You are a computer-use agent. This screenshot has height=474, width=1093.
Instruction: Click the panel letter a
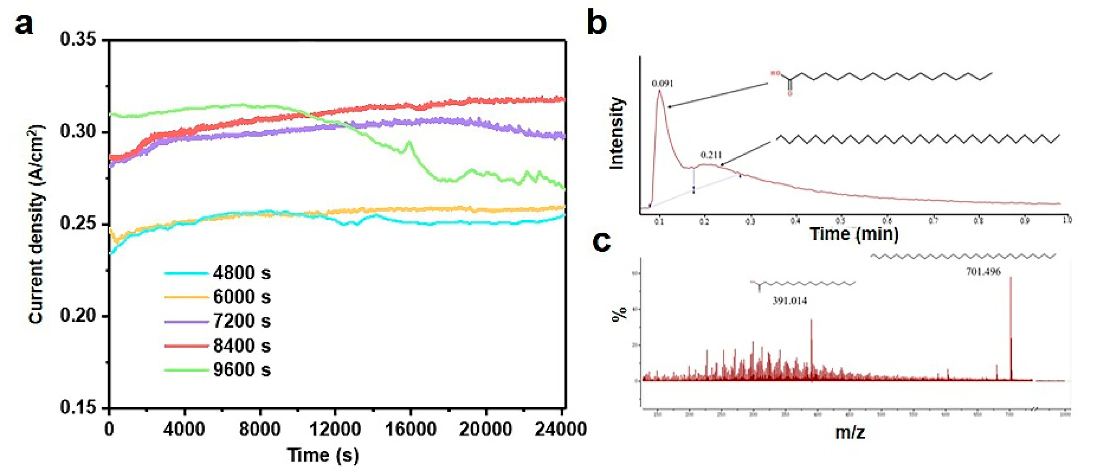(x=24, y=24)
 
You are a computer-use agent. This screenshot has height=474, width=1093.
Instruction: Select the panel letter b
(x=597, y=23)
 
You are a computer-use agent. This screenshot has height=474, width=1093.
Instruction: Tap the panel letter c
(x=601, y=242)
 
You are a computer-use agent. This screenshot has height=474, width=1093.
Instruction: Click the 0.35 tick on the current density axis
(x=78, y=40)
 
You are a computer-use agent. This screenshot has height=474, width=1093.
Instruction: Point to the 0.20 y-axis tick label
(x=78, y=316)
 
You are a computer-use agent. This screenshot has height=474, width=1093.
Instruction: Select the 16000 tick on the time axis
(x=410, y=429)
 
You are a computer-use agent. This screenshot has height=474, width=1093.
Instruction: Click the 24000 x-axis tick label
(x=561, y=429)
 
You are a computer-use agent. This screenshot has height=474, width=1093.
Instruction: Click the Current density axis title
(x=36, y=225)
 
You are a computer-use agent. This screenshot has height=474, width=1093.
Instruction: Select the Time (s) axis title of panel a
(x=323, y=455)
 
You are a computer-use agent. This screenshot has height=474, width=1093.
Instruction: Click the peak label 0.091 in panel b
(x=663, y=84)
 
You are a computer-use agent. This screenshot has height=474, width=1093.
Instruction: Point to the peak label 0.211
(x=711, y=155)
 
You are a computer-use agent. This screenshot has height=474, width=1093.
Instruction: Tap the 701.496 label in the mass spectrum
(x=983, y=272)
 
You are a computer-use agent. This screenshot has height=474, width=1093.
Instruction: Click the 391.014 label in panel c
(x=790, y=301)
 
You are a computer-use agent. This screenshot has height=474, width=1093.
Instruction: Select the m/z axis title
(x=850, y=432)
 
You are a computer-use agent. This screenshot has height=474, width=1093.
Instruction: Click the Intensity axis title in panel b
(x=617, y=134)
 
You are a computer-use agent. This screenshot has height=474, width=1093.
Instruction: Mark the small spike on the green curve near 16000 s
(x=409, y=142)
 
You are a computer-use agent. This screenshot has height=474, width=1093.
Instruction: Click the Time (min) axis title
(x=854, y=234)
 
